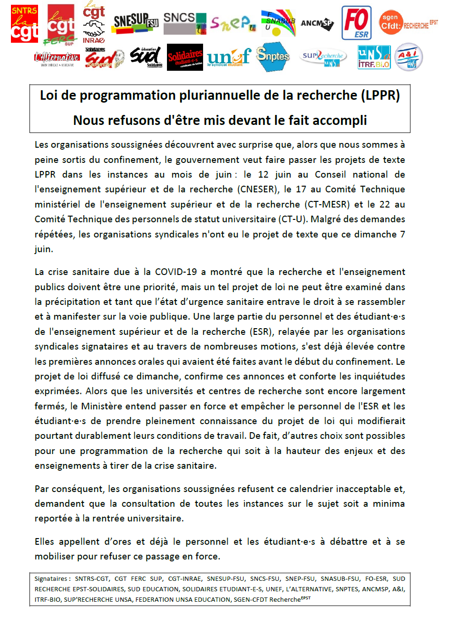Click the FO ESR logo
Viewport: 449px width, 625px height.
coord(356,22)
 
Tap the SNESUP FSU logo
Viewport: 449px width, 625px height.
coord(136,22)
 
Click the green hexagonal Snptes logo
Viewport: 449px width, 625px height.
coord(273,56)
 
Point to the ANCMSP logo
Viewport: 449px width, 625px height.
coord(317,23)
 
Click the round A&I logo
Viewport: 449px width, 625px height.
coord(409,57)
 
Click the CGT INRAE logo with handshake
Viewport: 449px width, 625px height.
coord(94,22)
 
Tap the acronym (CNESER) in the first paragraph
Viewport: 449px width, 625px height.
coord(257,189)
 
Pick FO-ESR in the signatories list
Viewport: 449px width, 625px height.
coord(376,579)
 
